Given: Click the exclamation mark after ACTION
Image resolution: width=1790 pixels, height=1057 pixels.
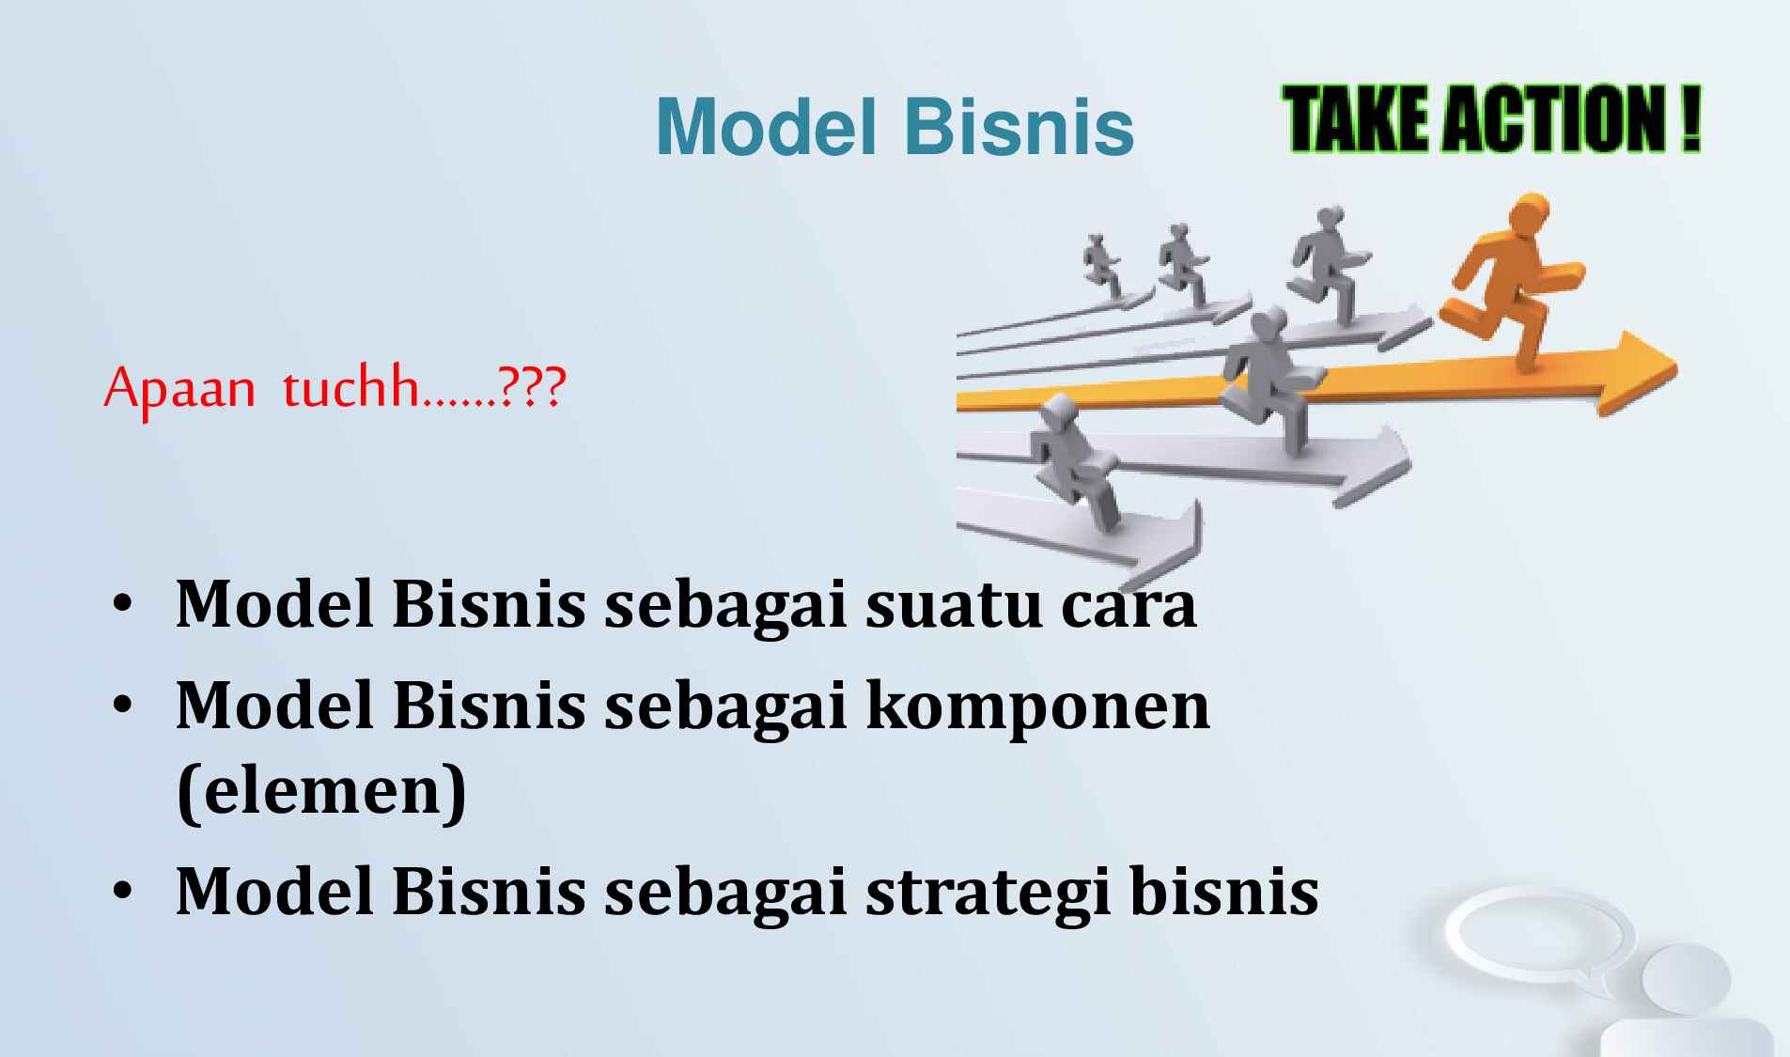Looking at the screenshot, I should pyautogui.click(x=1690, y=118).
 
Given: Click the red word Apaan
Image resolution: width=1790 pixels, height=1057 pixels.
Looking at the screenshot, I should pyautogui.click(x=179, y=387).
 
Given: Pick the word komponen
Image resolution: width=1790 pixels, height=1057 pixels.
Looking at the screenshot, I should pyautogui.click(x=1037, y=706).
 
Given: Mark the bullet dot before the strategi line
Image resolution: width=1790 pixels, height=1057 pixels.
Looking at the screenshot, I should pyautogui.click(x=121, y=890).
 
